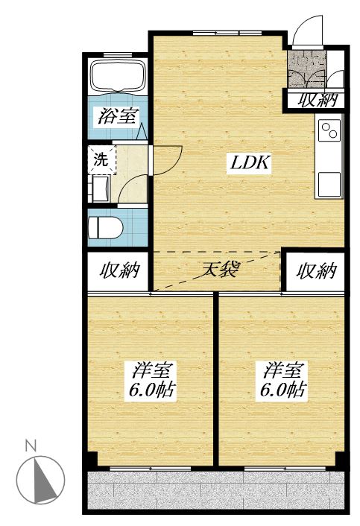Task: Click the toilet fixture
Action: tap(104, 226)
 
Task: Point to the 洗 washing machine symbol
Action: tap(100, 158)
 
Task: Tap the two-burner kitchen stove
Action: tap(329, 132)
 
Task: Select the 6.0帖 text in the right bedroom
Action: tap(282, 389)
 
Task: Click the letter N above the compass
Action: tap(31, 446)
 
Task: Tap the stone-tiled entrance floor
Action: tap(306, 69)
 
